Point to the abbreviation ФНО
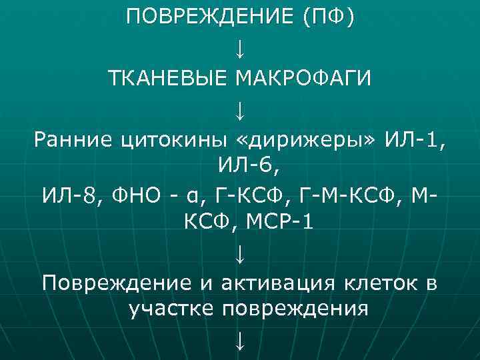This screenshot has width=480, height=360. click(x=132, y=196)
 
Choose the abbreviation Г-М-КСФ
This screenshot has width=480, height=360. click(x=338, y=196)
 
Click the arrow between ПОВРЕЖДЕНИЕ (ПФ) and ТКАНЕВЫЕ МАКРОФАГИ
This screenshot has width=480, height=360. click(x=240, y=48)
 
